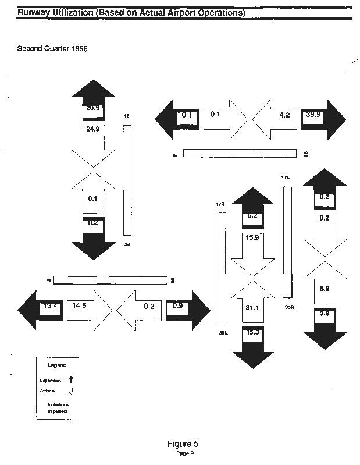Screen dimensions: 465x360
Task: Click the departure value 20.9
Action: tap(92, 109)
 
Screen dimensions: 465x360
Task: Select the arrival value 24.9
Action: tap(92, 129)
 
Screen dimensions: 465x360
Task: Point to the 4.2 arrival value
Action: tap(285, 115)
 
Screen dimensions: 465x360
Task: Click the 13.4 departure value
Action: tap(49, 306)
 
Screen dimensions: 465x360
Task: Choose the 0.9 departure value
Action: tap(178, 306)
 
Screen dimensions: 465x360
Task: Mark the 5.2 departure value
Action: tap(252, 216)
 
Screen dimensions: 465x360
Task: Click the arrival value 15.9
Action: tap(252, 237)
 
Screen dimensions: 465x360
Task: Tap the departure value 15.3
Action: tap(252, 332)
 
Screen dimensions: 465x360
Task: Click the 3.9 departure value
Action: tap(326, 314)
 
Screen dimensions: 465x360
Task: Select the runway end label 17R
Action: tap(220, 204)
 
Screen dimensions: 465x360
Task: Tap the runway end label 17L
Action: tap(285, 177)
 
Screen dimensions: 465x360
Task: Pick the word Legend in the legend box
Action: tap(56, 365)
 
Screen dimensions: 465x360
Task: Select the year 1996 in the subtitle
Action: tap(78, 49)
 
